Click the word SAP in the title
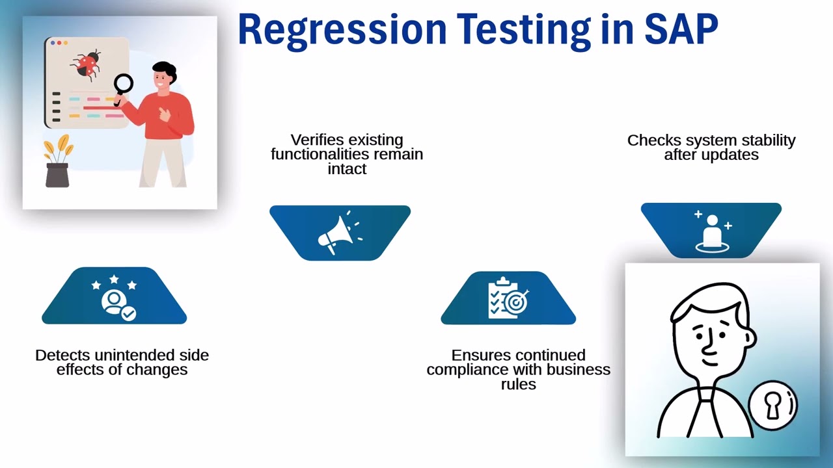(x=681, y=30)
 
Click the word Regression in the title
(x=342, y=30)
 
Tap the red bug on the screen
(x=87, y=64)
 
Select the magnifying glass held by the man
(x=123, y=84)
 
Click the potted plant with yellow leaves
(x=57, y=162)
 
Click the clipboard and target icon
(x=508, y=298)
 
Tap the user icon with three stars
(x=115, y=297)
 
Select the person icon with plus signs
(x=712, y=231)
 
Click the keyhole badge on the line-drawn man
(x=772, y=406)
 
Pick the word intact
(x=347, y=169)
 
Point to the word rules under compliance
(x=519, y=384)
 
